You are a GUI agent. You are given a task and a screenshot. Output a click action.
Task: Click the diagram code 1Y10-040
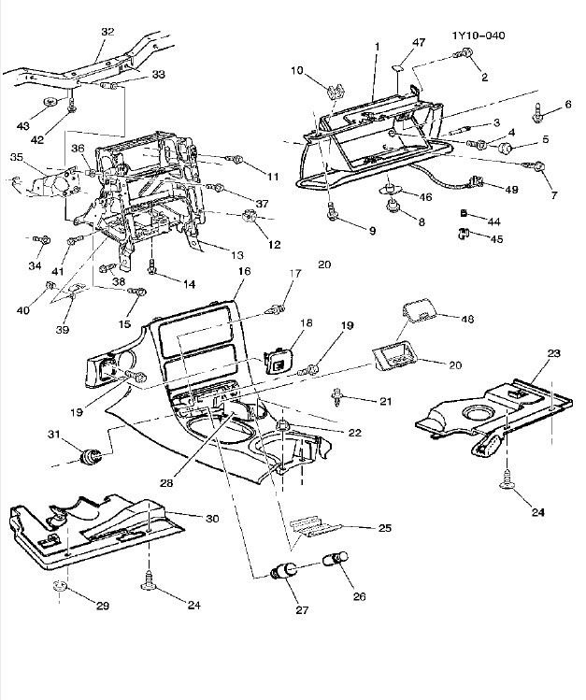479,36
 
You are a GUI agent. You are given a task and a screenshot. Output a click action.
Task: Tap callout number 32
107,32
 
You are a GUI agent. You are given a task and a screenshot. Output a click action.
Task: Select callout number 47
419,44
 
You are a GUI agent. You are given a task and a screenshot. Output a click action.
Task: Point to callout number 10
297,70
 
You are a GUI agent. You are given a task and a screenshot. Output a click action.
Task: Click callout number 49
511,189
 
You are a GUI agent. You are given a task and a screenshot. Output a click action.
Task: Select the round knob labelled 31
92,456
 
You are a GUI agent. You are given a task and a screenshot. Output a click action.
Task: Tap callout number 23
553,353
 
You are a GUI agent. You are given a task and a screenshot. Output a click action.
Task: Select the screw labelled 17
275,305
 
